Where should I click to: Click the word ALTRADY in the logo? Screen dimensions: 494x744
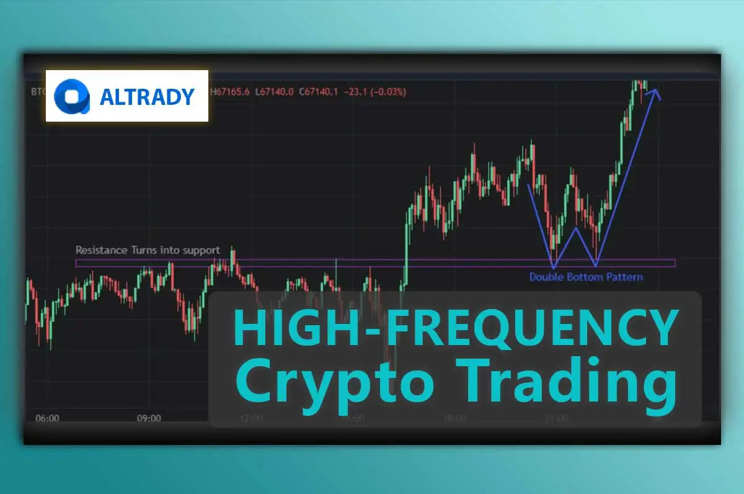click(x=147, y=96)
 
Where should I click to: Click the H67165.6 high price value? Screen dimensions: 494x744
click(x=231, y=92)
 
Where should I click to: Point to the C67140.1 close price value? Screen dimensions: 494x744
click(x=319, y=92)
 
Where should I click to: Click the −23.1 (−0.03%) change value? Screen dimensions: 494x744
click(x=377, y=92)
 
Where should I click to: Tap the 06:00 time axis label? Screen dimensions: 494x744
click(x=47, y=418)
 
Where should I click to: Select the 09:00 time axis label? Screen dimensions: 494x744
click(x=149, y=418)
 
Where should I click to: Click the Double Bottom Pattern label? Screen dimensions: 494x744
click(x=586, y=277)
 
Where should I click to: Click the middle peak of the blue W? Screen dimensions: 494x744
click(x=576, y=228)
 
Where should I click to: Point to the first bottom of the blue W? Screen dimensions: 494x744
click(x=553, y=266)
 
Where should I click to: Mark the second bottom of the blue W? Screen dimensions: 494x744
click(x=596, y=266)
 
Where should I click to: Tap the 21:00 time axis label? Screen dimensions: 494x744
click(x=556, y=418)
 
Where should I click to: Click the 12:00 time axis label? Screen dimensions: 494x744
click(x=250, y=418)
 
